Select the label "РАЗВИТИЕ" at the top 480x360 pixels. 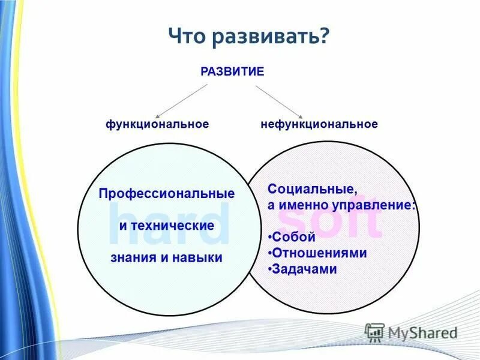pos(232,72)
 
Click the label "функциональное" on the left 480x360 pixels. pos(157,124)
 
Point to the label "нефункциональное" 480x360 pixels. pos(319,124)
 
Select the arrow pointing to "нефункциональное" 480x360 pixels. pos(279,100)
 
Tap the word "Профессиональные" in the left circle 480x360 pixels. pos(167,194)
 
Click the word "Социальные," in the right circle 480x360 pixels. pos(312,189)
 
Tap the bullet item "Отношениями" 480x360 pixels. pos(319,253)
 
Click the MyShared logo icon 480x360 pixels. pos(374,332)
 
